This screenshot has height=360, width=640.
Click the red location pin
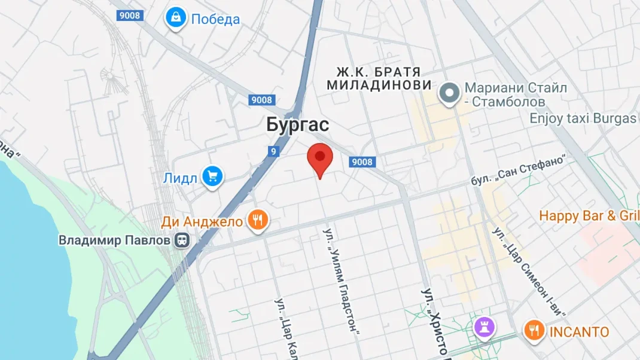[x=320, y=158]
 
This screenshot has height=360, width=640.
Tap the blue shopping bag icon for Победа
[x=176, y=19]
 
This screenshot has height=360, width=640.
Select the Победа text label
[x=215, y=19]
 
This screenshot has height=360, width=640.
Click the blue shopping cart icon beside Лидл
[x=212, y=177]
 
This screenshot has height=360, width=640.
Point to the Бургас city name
[x=297, y=125]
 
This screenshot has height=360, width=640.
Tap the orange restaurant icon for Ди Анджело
[x=258, y=221]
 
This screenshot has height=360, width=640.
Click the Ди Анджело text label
[x=202, y=222]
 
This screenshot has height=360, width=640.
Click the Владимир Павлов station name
[x=115, y=240]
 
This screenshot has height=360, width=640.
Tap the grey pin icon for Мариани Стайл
[x=447, y=93]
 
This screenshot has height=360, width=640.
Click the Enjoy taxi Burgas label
[x=583, y=118]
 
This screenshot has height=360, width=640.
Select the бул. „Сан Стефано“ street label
[x=518, y=170]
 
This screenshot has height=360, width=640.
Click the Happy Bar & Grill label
[x=589, y=216]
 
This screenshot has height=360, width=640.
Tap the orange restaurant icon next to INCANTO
[x=534, y=331]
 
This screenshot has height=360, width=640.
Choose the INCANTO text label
[x=579, y=332]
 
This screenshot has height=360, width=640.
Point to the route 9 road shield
[x=273, y=151]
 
